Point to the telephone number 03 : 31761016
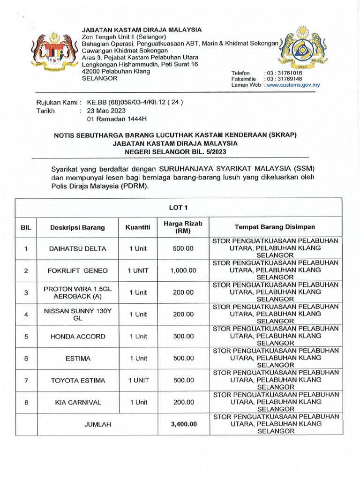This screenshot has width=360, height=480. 284,73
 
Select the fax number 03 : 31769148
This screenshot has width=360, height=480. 284,79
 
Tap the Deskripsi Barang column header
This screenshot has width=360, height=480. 77,228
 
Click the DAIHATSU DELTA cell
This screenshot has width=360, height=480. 77,248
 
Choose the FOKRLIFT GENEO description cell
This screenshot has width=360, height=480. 77,270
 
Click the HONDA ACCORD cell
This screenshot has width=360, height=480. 77,336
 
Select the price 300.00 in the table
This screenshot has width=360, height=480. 183,336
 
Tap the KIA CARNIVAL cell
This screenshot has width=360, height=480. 77,402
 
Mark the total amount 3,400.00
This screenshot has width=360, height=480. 183,424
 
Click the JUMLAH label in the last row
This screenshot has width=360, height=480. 97,424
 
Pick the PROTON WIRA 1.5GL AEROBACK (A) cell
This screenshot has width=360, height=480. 77,292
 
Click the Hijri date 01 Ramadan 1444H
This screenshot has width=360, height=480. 114,120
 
